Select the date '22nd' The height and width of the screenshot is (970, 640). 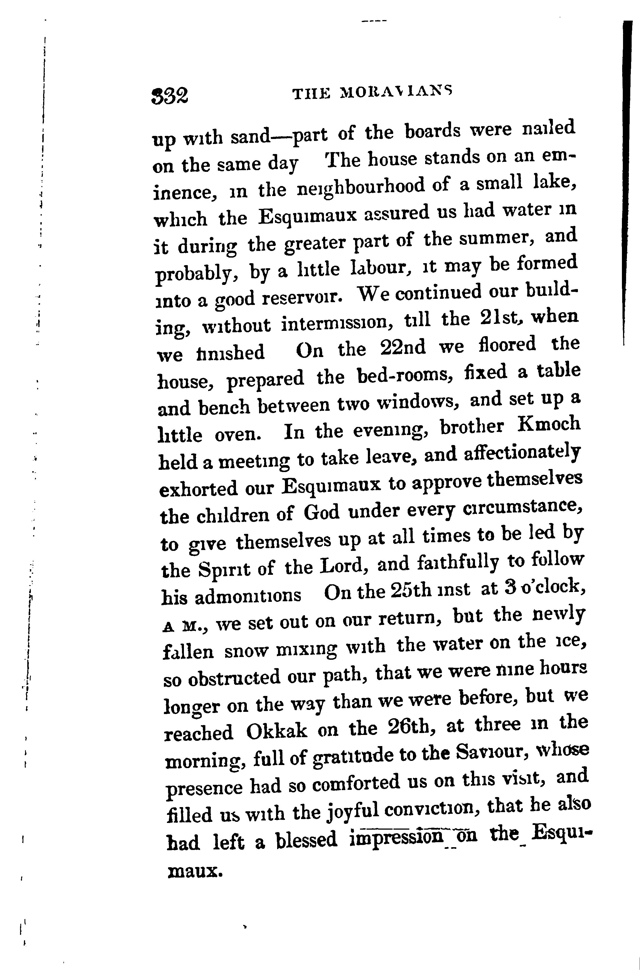click(402, 348)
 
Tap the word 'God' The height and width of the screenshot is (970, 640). click(321, 512)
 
